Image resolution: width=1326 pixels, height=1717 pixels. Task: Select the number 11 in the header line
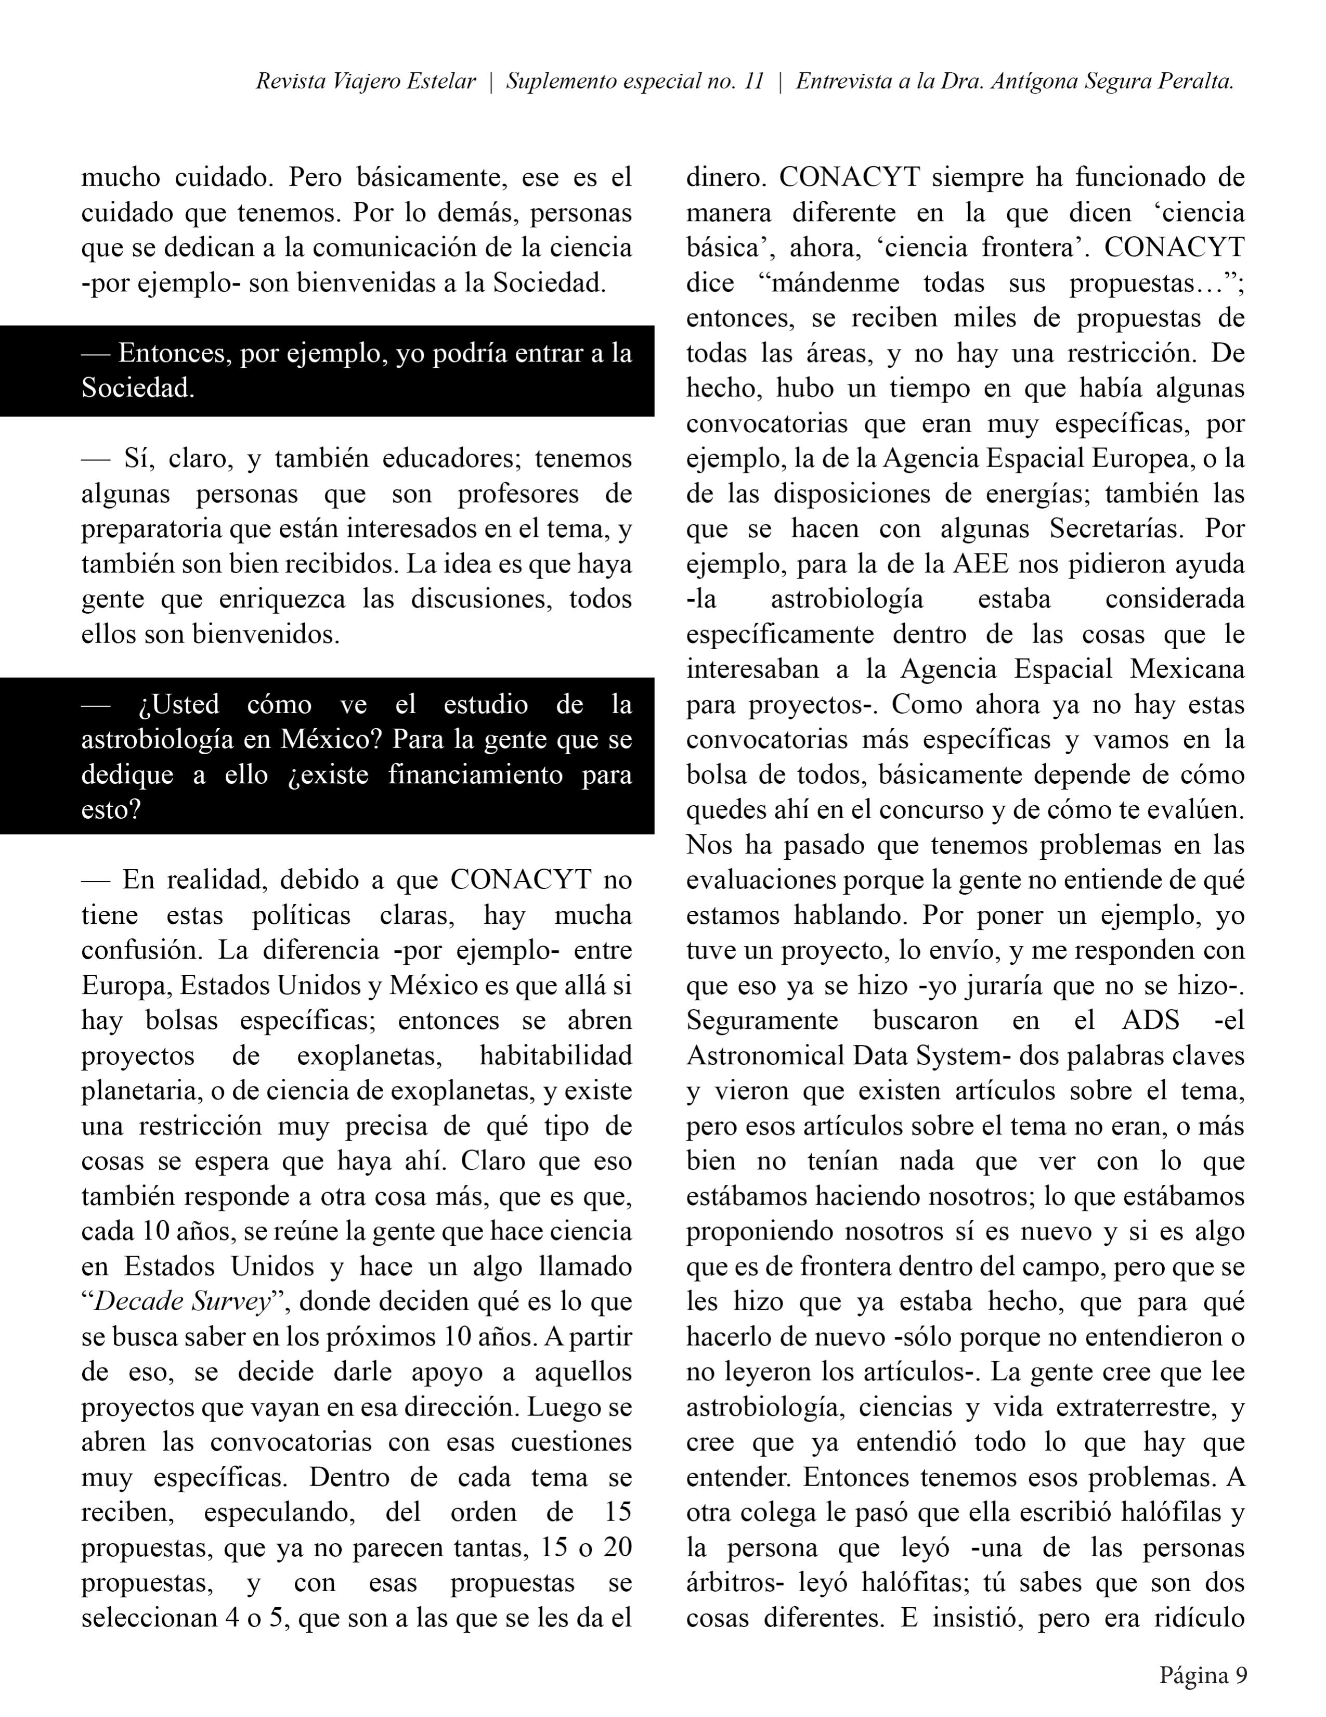752,82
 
